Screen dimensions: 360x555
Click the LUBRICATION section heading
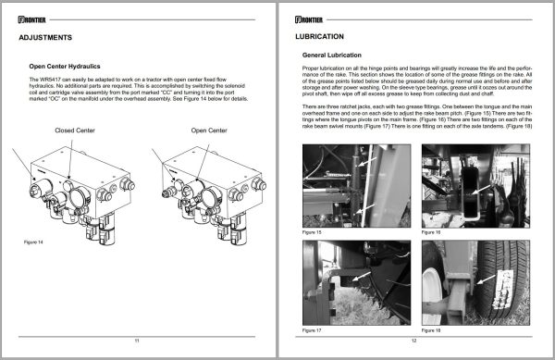(x=319, y=38)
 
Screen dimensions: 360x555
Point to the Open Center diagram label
(x=210, y=130)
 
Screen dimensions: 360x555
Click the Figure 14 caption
(x=35, y=242)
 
